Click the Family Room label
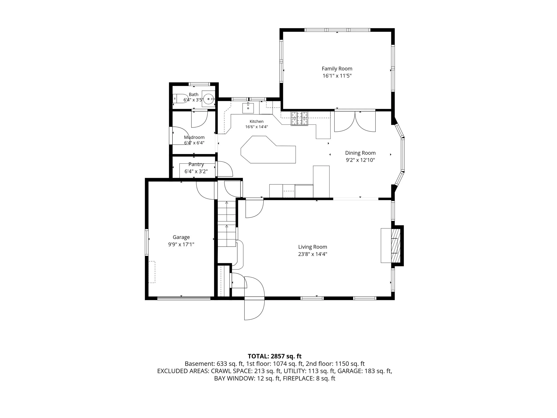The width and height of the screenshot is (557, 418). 337,68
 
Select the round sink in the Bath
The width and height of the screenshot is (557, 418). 208,99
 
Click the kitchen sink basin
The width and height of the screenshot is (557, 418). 248,108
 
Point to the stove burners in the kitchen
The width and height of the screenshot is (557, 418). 300,118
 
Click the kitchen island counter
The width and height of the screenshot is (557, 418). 268,150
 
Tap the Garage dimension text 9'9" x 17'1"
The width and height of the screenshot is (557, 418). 181,244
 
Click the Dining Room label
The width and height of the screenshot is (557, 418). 360,153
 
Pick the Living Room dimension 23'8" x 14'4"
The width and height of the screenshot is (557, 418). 313,254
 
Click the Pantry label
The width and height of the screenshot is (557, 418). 196,164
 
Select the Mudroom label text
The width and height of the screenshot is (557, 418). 194,137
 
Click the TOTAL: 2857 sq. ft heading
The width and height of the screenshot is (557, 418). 275,356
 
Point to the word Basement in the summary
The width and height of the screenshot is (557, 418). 199,364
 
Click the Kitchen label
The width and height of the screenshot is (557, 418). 257,121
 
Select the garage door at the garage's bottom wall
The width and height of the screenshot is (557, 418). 184,298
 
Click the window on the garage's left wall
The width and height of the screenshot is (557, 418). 147,242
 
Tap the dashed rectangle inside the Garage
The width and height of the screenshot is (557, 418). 152,272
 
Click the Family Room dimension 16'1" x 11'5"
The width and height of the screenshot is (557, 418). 337,76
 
